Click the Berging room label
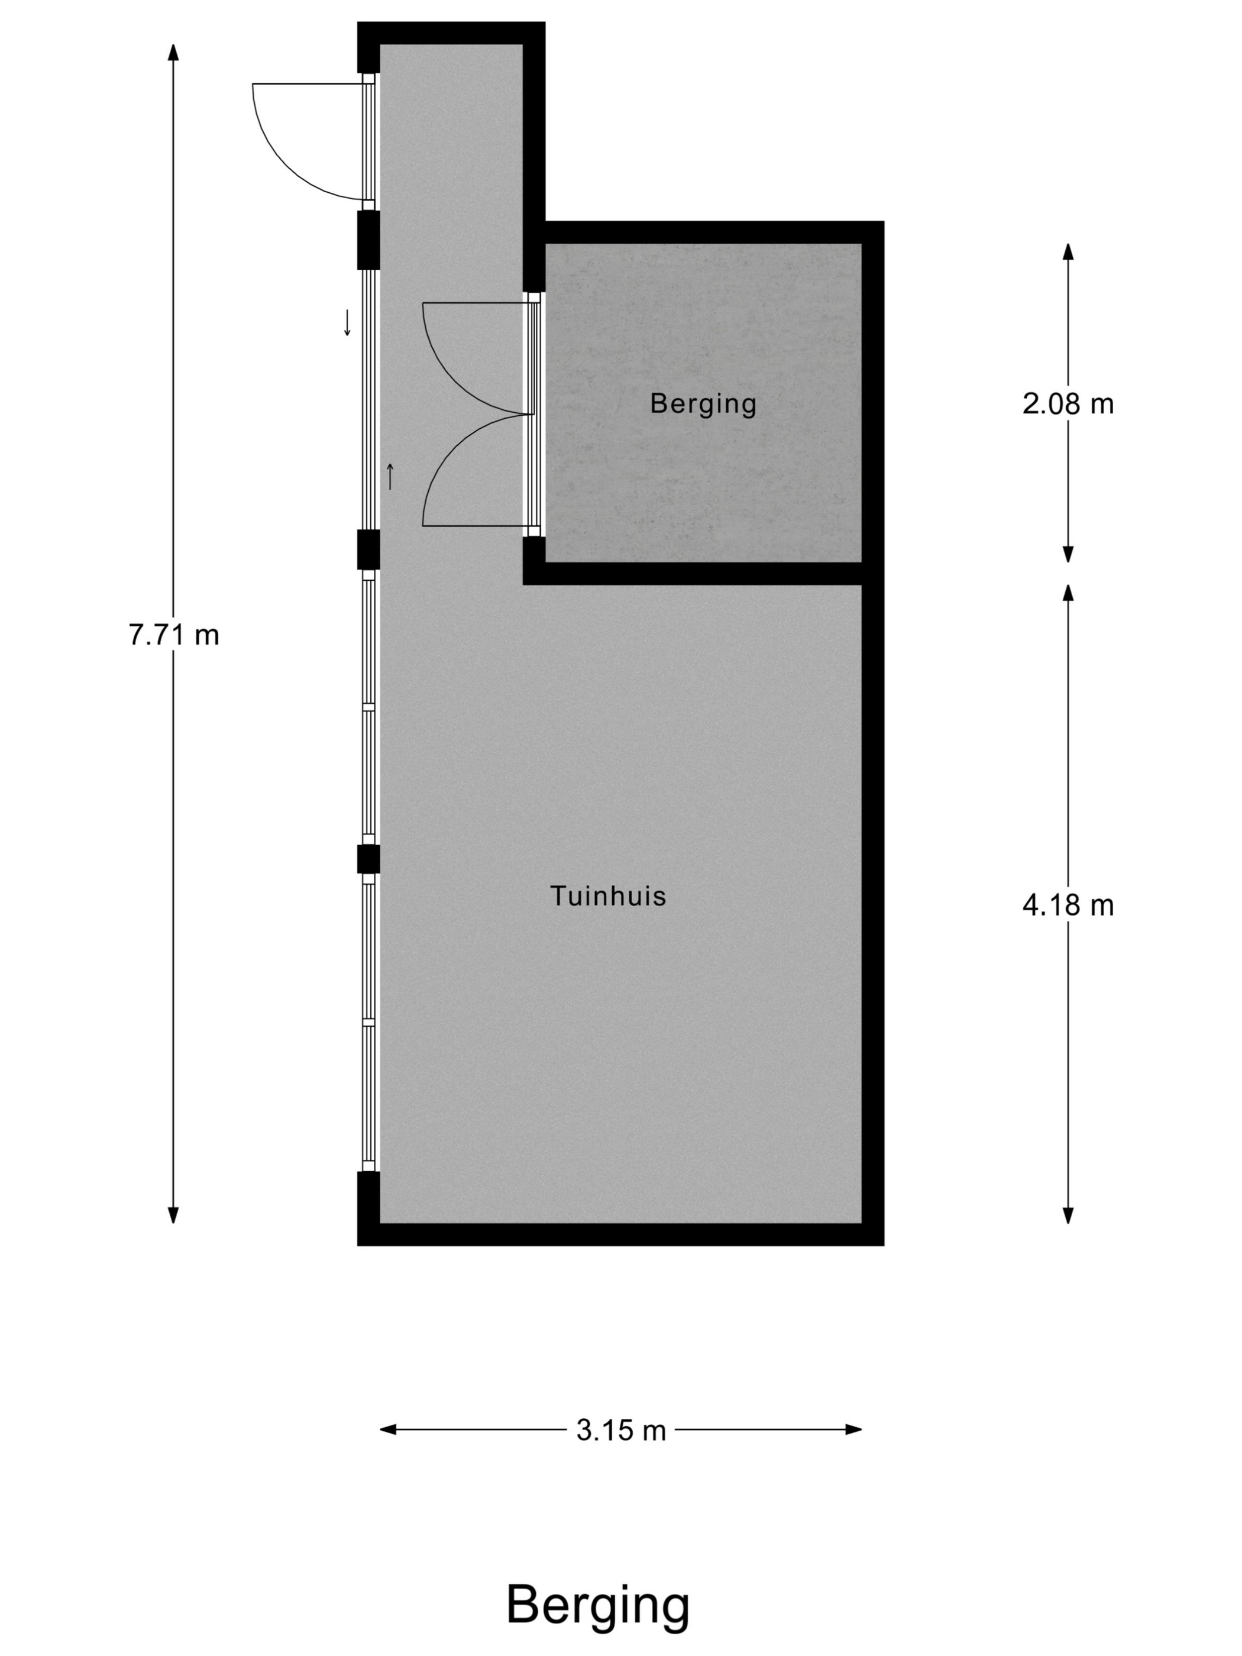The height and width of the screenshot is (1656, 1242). [702, 403]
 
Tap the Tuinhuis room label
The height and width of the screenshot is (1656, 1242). [608, 896]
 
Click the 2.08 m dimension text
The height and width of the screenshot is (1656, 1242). [1068, 405]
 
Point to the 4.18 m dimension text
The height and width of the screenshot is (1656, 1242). [1068, 906]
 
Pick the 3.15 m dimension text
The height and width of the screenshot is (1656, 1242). [620, 1431]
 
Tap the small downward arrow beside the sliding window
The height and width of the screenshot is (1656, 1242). [347, 323]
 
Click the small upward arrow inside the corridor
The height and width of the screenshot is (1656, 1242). [390, 477]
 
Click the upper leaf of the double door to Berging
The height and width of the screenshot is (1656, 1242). [460, 360]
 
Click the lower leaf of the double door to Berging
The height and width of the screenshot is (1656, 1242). [460, 471]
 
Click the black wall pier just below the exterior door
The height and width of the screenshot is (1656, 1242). [368, 240]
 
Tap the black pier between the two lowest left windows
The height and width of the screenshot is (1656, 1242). [368, 859]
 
